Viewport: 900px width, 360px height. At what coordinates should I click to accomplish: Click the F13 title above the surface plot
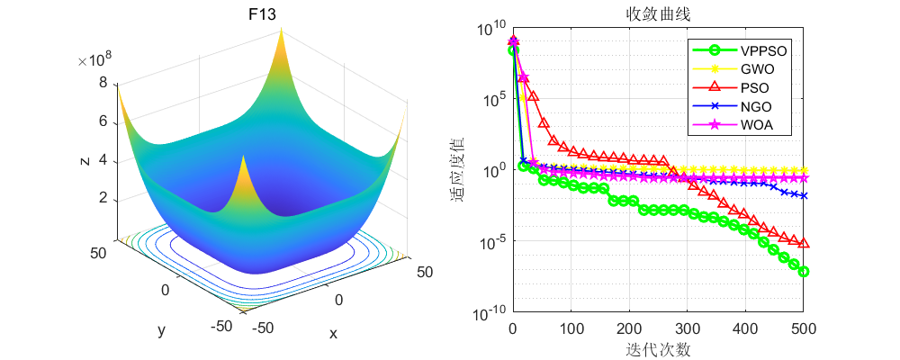click(x=261, y=15)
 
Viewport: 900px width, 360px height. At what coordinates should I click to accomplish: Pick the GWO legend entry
click(x=756, y=68)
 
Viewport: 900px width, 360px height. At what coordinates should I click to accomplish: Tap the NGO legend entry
click(x=754, y=106)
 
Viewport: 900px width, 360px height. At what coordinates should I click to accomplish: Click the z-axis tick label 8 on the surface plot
click(x=103, y=83)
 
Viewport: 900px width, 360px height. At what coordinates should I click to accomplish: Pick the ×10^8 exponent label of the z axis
click(x=94, y=60)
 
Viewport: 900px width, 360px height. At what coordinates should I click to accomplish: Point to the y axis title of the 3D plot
click(x=162, y=330)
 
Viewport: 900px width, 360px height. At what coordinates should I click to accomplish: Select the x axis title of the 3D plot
click(x=333, y=333)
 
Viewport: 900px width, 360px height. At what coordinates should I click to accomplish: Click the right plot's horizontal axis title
click(x=658, y=348)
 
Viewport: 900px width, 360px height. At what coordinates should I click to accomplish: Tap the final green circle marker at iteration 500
click(x=803, y=271)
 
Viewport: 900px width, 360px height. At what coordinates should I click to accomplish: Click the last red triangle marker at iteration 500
click(x=803, y=243)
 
